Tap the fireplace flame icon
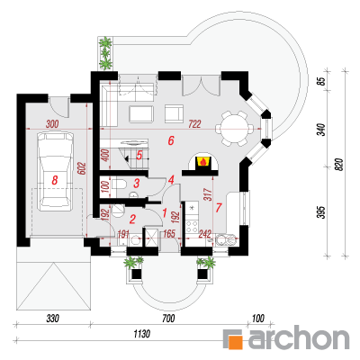[203, 162]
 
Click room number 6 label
[171, 140]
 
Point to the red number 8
[55, 180]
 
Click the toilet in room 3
[119, 184]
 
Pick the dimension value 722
[194, 123]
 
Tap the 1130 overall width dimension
[141, 334]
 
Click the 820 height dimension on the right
[338, 164]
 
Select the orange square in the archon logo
[235, 342]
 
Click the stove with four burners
[192, 227]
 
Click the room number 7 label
[219, 207]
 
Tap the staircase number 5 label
[139, 156]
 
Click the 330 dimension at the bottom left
[52, 319]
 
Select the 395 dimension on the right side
[322, 212]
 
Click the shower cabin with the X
[151, 238]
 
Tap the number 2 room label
[132, 220]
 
